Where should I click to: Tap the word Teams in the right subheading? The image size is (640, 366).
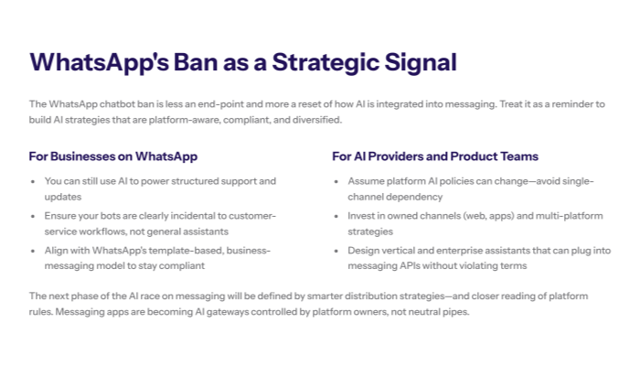pos(517,156)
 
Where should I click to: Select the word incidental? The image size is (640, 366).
pos(207,215)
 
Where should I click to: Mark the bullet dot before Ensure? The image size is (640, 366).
pos(35,215)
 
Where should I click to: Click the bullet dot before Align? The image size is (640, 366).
pos(35,249)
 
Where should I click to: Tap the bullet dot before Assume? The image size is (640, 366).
pos(337,181)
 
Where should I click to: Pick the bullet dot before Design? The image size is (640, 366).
pos(337,249)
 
